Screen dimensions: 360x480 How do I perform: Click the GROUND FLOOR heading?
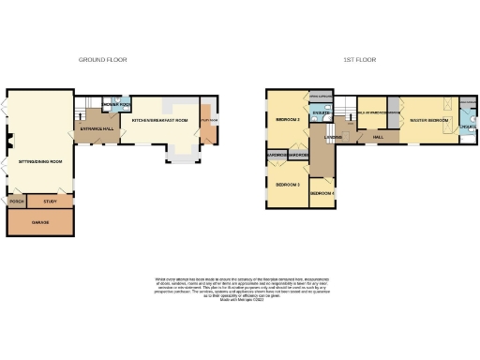(102, 59)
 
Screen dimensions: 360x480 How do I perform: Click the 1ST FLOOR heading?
(360, 59)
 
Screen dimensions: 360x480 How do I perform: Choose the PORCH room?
(16, 201)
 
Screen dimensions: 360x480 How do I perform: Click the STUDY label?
(51, 201)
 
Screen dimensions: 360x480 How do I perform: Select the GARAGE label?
(40, 223)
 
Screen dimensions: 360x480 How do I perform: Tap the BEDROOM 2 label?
(287, 121)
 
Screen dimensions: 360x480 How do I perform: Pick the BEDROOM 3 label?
(287, 185)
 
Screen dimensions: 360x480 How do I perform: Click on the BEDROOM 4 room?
(322, 193)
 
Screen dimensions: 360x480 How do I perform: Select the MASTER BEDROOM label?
(430, 121)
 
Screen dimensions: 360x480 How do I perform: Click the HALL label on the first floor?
(377, 137)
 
